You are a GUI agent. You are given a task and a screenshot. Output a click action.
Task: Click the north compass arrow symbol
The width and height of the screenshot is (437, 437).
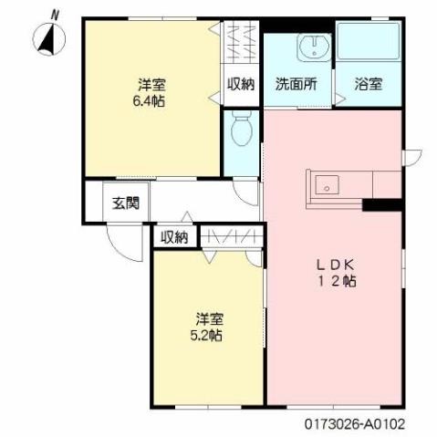point(48,38)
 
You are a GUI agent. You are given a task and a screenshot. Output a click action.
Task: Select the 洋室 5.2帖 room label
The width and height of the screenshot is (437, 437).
point(210,326)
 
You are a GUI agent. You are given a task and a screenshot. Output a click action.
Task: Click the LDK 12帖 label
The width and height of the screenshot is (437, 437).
point(335,273)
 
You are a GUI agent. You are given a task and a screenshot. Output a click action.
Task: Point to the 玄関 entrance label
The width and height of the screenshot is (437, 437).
point(125,203)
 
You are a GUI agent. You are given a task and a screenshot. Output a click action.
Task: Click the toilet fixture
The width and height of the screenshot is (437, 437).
point(242,130)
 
